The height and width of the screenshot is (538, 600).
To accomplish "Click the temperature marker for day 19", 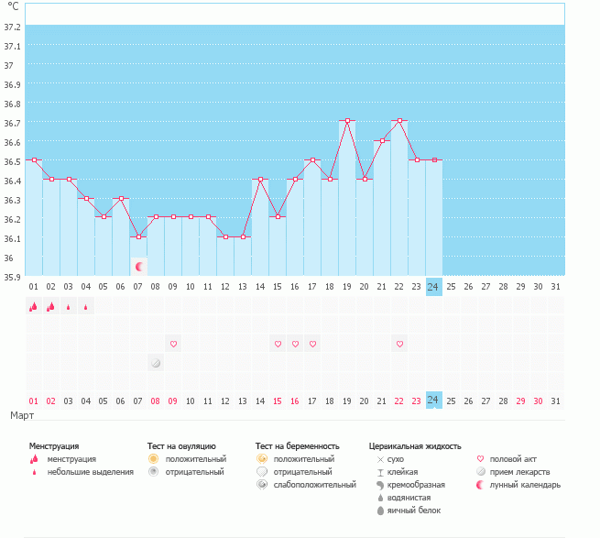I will pos(347,121).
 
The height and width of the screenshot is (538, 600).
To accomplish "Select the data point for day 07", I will pos(138,237).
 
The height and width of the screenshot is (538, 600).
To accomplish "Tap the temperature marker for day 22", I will pos(399,121).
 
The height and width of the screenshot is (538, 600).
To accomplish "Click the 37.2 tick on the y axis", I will pos(13,27).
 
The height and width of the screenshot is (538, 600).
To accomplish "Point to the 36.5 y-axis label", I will pos(13,161).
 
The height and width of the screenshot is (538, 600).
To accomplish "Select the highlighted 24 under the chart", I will pos(433,401).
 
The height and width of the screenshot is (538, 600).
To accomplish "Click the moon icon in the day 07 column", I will pos(139,267).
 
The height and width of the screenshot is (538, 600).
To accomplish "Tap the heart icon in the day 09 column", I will pos(173,344).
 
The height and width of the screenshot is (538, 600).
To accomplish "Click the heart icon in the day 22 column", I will pos(399,344).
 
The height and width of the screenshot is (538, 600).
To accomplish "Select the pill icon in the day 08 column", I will pos(156,363).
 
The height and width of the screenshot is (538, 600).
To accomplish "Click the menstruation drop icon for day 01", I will pos(34,307).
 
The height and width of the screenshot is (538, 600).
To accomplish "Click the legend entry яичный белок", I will pos(413,511).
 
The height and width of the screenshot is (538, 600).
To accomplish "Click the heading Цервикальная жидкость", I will pos(415,445).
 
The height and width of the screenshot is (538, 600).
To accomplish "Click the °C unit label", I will pos(13,6).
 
